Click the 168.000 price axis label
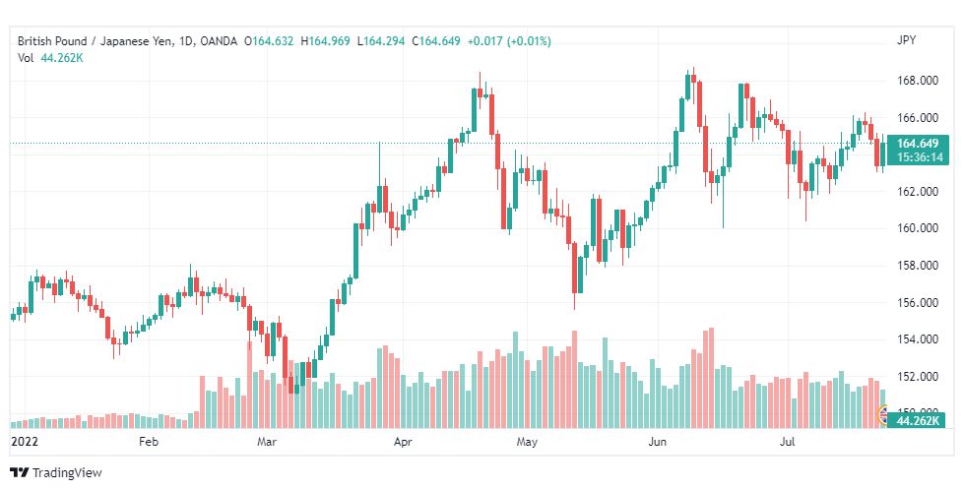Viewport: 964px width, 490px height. coord(918,81)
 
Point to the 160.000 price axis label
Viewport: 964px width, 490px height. coord(918,228)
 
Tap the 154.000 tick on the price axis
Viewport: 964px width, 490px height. coord(918,338)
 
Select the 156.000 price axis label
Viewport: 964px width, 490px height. coord(918,302)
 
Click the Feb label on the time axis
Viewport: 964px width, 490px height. coord(149,442)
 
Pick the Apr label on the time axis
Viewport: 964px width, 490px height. coord(403,442)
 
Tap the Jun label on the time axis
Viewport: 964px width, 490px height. coord(657,442)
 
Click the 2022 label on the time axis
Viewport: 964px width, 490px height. coord(25,442)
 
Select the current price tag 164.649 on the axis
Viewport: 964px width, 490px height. coord(918,144)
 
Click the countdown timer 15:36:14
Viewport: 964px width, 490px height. coord(919,157)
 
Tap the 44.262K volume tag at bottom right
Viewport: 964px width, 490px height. coord(918,420)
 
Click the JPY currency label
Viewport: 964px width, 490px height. coord(906,40)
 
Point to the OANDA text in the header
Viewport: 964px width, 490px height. coord(219,41)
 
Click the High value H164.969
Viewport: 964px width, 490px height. coord(325,41)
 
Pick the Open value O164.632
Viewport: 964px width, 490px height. coord(269,41)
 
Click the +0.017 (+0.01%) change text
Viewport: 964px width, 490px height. coord(509,41)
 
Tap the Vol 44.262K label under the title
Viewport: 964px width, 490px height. coord(50,58)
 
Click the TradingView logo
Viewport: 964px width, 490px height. coord(56,473)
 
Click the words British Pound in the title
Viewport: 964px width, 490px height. coord(52,41)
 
